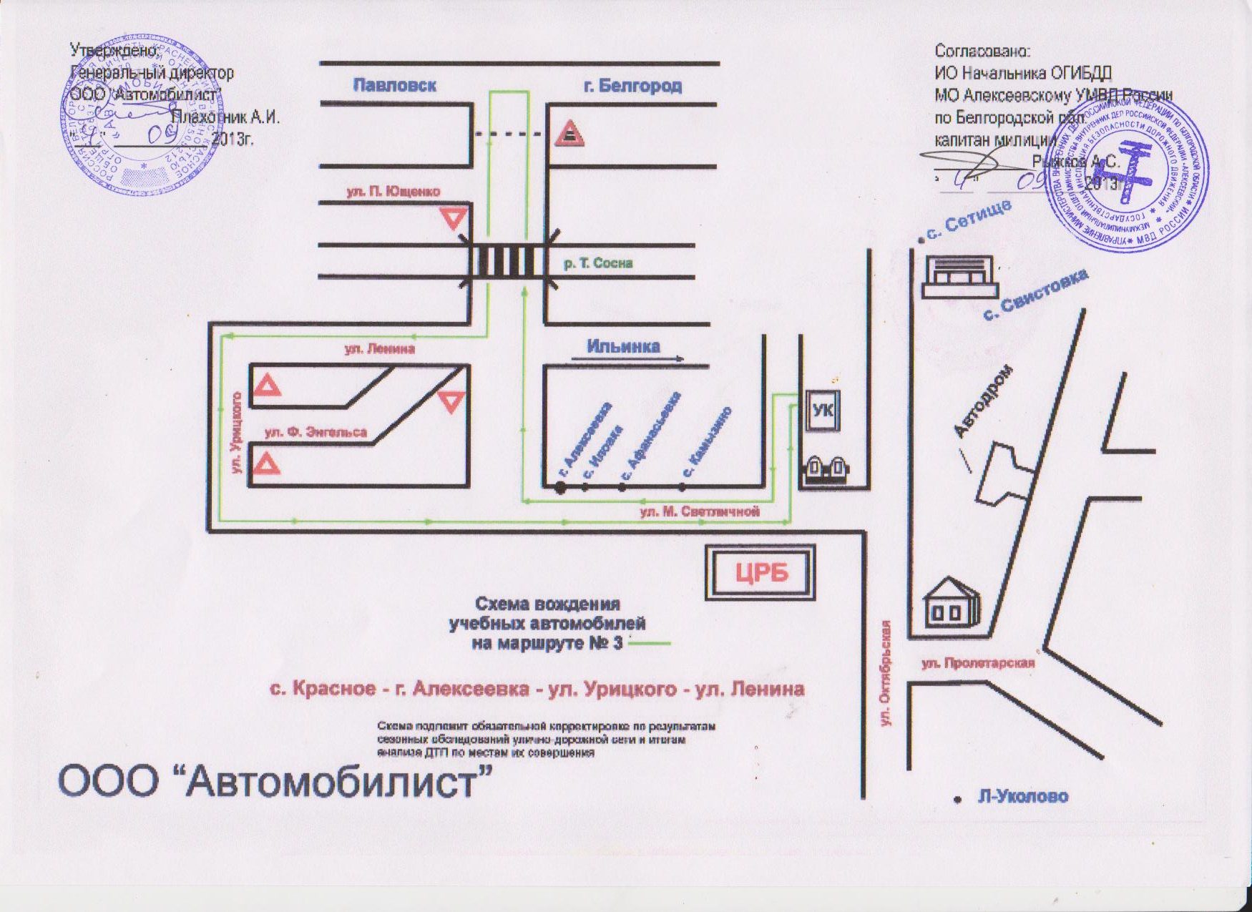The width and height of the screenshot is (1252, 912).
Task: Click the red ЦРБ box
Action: click(x=761, y=573)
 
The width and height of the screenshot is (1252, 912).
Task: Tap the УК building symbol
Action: click(x=823, y=411)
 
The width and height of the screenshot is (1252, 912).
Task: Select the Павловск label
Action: click(x=395, y=85)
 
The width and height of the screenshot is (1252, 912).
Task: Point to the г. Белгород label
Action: click(x=632, y=86)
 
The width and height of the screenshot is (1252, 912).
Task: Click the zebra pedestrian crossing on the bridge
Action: click(x=508, y=262)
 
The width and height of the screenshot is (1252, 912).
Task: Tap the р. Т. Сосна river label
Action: click(x=598, y=263)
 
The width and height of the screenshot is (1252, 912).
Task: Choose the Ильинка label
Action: click(x=623, y=346)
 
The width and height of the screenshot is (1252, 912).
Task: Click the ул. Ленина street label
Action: click(x=379, y=349)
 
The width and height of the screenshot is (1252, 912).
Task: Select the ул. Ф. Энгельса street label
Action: click(x=316, y=432)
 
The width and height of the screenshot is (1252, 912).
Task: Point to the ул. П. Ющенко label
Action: click(x=393, y=192)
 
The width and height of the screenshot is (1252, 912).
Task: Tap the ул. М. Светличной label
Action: click(x=699, y=511)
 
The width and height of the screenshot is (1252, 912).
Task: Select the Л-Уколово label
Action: click(x=1022, y=797)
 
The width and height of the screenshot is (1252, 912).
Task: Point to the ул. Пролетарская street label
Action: click(x=977, y=663)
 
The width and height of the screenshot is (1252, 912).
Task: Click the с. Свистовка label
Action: click(x=1035, y=294)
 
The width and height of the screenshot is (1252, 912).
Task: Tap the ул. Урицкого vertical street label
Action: click(x=237, y=432)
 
